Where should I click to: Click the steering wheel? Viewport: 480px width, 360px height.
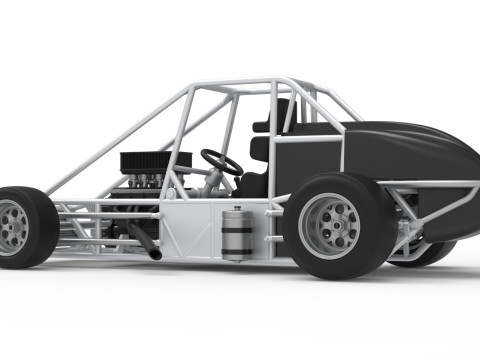coord(221,161)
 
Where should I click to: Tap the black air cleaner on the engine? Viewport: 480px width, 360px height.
coord(155,160)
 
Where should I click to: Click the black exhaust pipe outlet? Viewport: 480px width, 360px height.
coord(155,254)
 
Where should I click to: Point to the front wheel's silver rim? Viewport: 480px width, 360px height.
coord(12,227)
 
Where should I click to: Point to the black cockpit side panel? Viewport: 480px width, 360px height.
coord(305,160)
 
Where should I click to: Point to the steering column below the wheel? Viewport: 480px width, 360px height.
coord(213,181)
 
